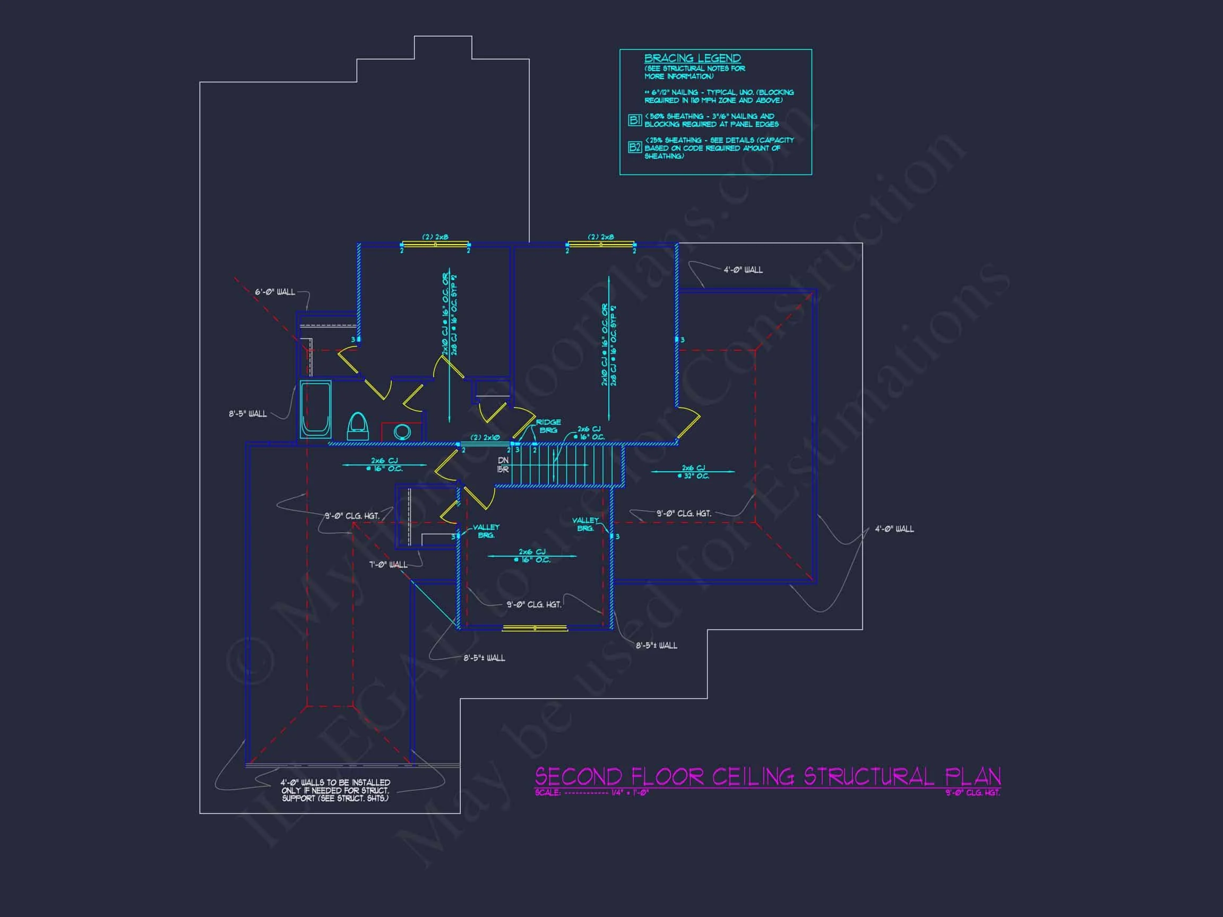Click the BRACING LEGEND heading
coord(692,58)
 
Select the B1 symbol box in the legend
coord(635,120)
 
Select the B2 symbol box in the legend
coord(635,147)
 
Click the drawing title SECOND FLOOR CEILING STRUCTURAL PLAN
coord(768,776)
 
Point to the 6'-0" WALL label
coord(275,292)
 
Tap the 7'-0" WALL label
coord(388,564)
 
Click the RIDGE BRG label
coord(548,426)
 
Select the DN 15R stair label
coord(503,465)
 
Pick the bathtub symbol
coord(315,409)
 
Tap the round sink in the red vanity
coord(402,431)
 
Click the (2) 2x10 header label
coord(485,438)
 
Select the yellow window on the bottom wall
coord(535,628)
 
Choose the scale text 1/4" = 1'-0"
coord(630,793)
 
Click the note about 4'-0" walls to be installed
coord(335,790)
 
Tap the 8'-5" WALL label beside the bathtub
coord(248,414)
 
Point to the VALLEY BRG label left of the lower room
coord(486,531)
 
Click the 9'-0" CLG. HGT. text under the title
coord(972,793)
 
